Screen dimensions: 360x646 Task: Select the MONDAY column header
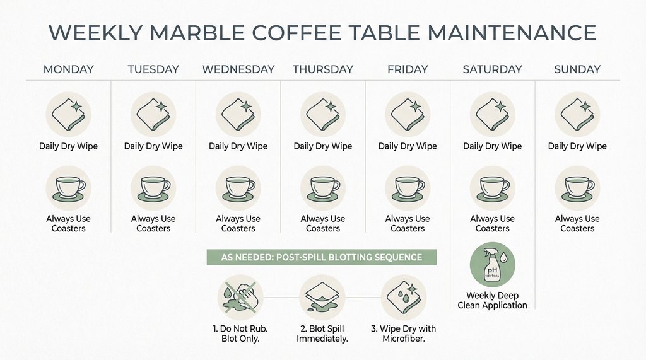[68, 69]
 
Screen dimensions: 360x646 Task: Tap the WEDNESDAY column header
[238, 69]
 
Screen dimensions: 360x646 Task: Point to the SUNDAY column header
[577, 69]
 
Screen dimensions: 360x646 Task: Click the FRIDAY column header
[408, 69]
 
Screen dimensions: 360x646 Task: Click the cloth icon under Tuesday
[153, 115]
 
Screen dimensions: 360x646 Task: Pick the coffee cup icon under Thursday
[323, 188]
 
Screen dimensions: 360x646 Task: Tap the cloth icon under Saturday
[493, 115]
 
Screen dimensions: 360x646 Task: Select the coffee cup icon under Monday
[68, 188]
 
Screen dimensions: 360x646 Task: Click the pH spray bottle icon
[493, 265]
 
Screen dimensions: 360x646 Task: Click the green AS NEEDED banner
[322, 257]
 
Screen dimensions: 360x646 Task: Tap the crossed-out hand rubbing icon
[239, 296]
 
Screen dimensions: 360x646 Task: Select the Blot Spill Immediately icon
[322, 296]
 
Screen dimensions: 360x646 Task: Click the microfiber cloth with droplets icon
[404, 296]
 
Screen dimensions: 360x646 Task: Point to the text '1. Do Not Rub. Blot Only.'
[240, 334]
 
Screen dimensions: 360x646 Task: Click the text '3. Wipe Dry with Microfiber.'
[404, 334]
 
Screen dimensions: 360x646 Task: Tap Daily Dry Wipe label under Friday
[408, 146]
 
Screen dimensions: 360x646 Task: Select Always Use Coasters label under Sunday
[577, 223]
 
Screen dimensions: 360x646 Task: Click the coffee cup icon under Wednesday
[238, 188]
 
